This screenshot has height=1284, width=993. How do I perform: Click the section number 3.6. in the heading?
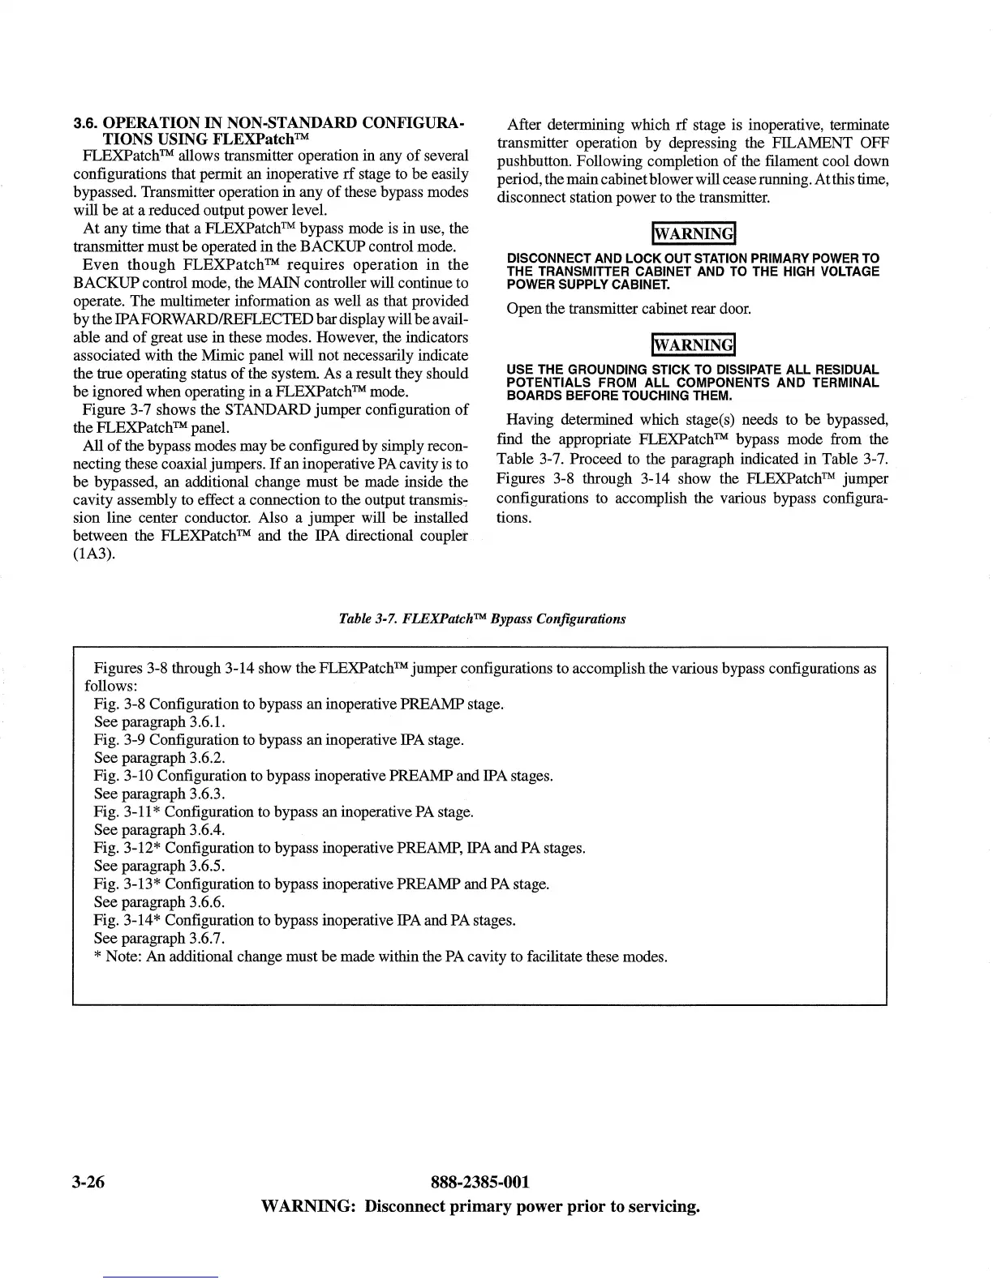pyautogui.click(x=86, y=124)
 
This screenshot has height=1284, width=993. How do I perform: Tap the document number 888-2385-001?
pyautogui.click(x=480, y=1182)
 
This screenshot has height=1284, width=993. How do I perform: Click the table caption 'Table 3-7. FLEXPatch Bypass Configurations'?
pyautogui.click(x=482, y=618)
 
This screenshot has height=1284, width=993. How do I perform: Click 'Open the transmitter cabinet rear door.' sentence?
pyautogui.click(x=617, y=310)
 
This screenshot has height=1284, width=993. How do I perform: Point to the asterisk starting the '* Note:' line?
pyautogui.click(x=98, y=957)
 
